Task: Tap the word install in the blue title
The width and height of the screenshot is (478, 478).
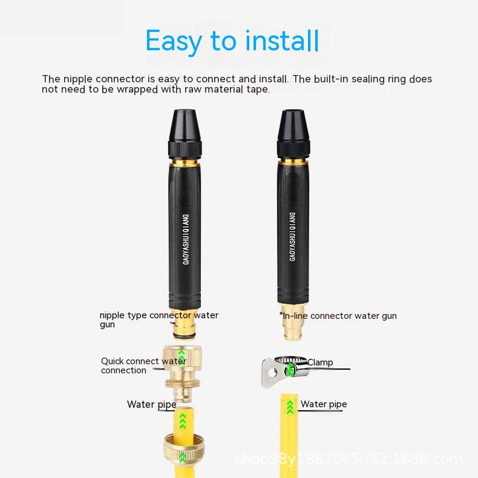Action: tap(283, 41)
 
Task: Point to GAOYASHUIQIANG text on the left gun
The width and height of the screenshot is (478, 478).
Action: tap(186, 240)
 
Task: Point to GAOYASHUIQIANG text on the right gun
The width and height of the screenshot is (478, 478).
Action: tap(292, 237)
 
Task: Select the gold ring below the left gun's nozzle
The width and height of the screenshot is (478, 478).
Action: tap(185, 163)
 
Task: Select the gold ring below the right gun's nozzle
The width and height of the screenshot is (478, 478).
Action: tap(293, 162)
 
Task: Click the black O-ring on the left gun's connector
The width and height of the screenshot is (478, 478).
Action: tap(184, 335)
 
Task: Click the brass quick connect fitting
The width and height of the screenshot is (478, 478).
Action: tap(183, 373)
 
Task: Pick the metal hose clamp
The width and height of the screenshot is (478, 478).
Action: tap(284, 371)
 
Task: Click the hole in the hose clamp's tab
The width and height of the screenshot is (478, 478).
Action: tap(273, 373)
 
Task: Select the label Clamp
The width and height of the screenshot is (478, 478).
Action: tap(320, 362)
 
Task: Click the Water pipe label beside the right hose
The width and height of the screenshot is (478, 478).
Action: tap(324, 404)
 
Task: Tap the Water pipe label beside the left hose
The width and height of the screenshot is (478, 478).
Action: tap(151, 405)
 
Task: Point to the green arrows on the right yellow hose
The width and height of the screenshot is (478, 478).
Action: tap(290, 407)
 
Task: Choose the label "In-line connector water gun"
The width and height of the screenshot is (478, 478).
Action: tap(338, 316)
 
